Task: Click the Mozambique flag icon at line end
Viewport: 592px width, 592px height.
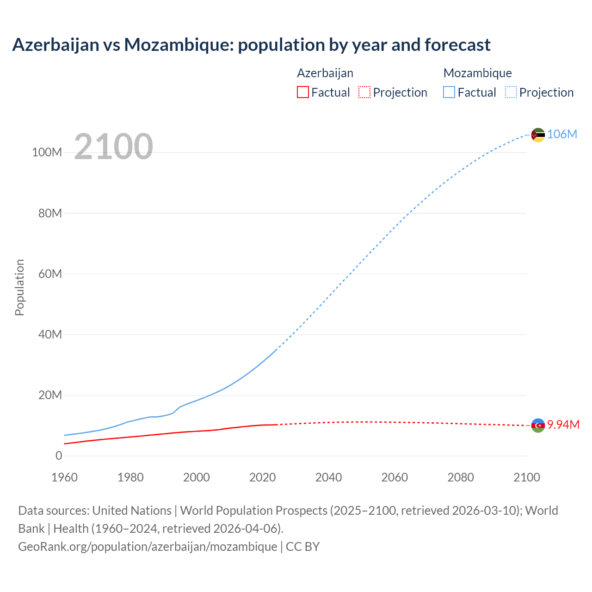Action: [x=538, y=135]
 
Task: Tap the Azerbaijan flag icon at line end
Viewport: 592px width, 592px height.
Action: [x=538, y=425]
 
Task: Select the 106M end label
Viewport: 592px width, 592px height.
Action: [x=562, y=134]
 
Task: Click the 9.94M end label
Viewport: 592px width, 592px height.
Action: [x=563, y=425]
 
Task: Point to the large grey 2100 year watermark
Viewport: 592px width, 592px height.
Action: [x=113, y=147]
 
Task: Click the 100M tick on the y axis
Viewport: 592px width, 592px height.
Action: [x=47, y=152]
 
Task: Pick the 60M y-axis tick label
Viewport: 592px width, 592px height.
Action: [x=50, y=274]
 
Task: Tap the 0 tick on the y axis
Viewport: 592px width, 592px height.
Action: [x=59, y=456]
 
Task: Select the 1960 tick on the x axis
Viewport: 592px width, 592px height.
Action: [x=64, y=477]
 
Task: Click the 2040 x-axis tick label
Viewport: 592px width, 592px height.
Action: [x=328, y=477]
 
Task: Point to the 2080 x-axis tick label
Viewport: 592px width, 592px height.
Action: [x=460, y=477]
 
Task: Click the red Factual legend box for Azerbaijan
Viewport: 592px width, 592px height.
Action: [x=303, y=92]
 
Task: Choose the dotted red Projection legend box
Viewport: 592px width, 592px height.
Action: [x=364, y=92]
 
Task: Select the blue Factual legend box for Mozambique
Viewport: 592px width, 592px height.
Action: [x=449, y=92]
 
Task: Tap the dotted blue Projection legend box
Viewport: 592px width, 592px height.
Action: [x=511, y=92]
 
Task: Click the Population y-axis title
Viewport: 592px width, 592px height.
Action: [x=19, y=287]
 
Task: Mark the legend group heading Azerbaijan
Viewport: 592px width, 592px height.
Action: [x=325, y=73]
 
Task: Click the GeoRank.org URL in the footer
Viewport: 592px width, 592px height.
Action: [x=148, y=546]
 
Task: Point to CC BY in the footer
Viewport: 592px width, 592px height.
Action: [x=303, y=546]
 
